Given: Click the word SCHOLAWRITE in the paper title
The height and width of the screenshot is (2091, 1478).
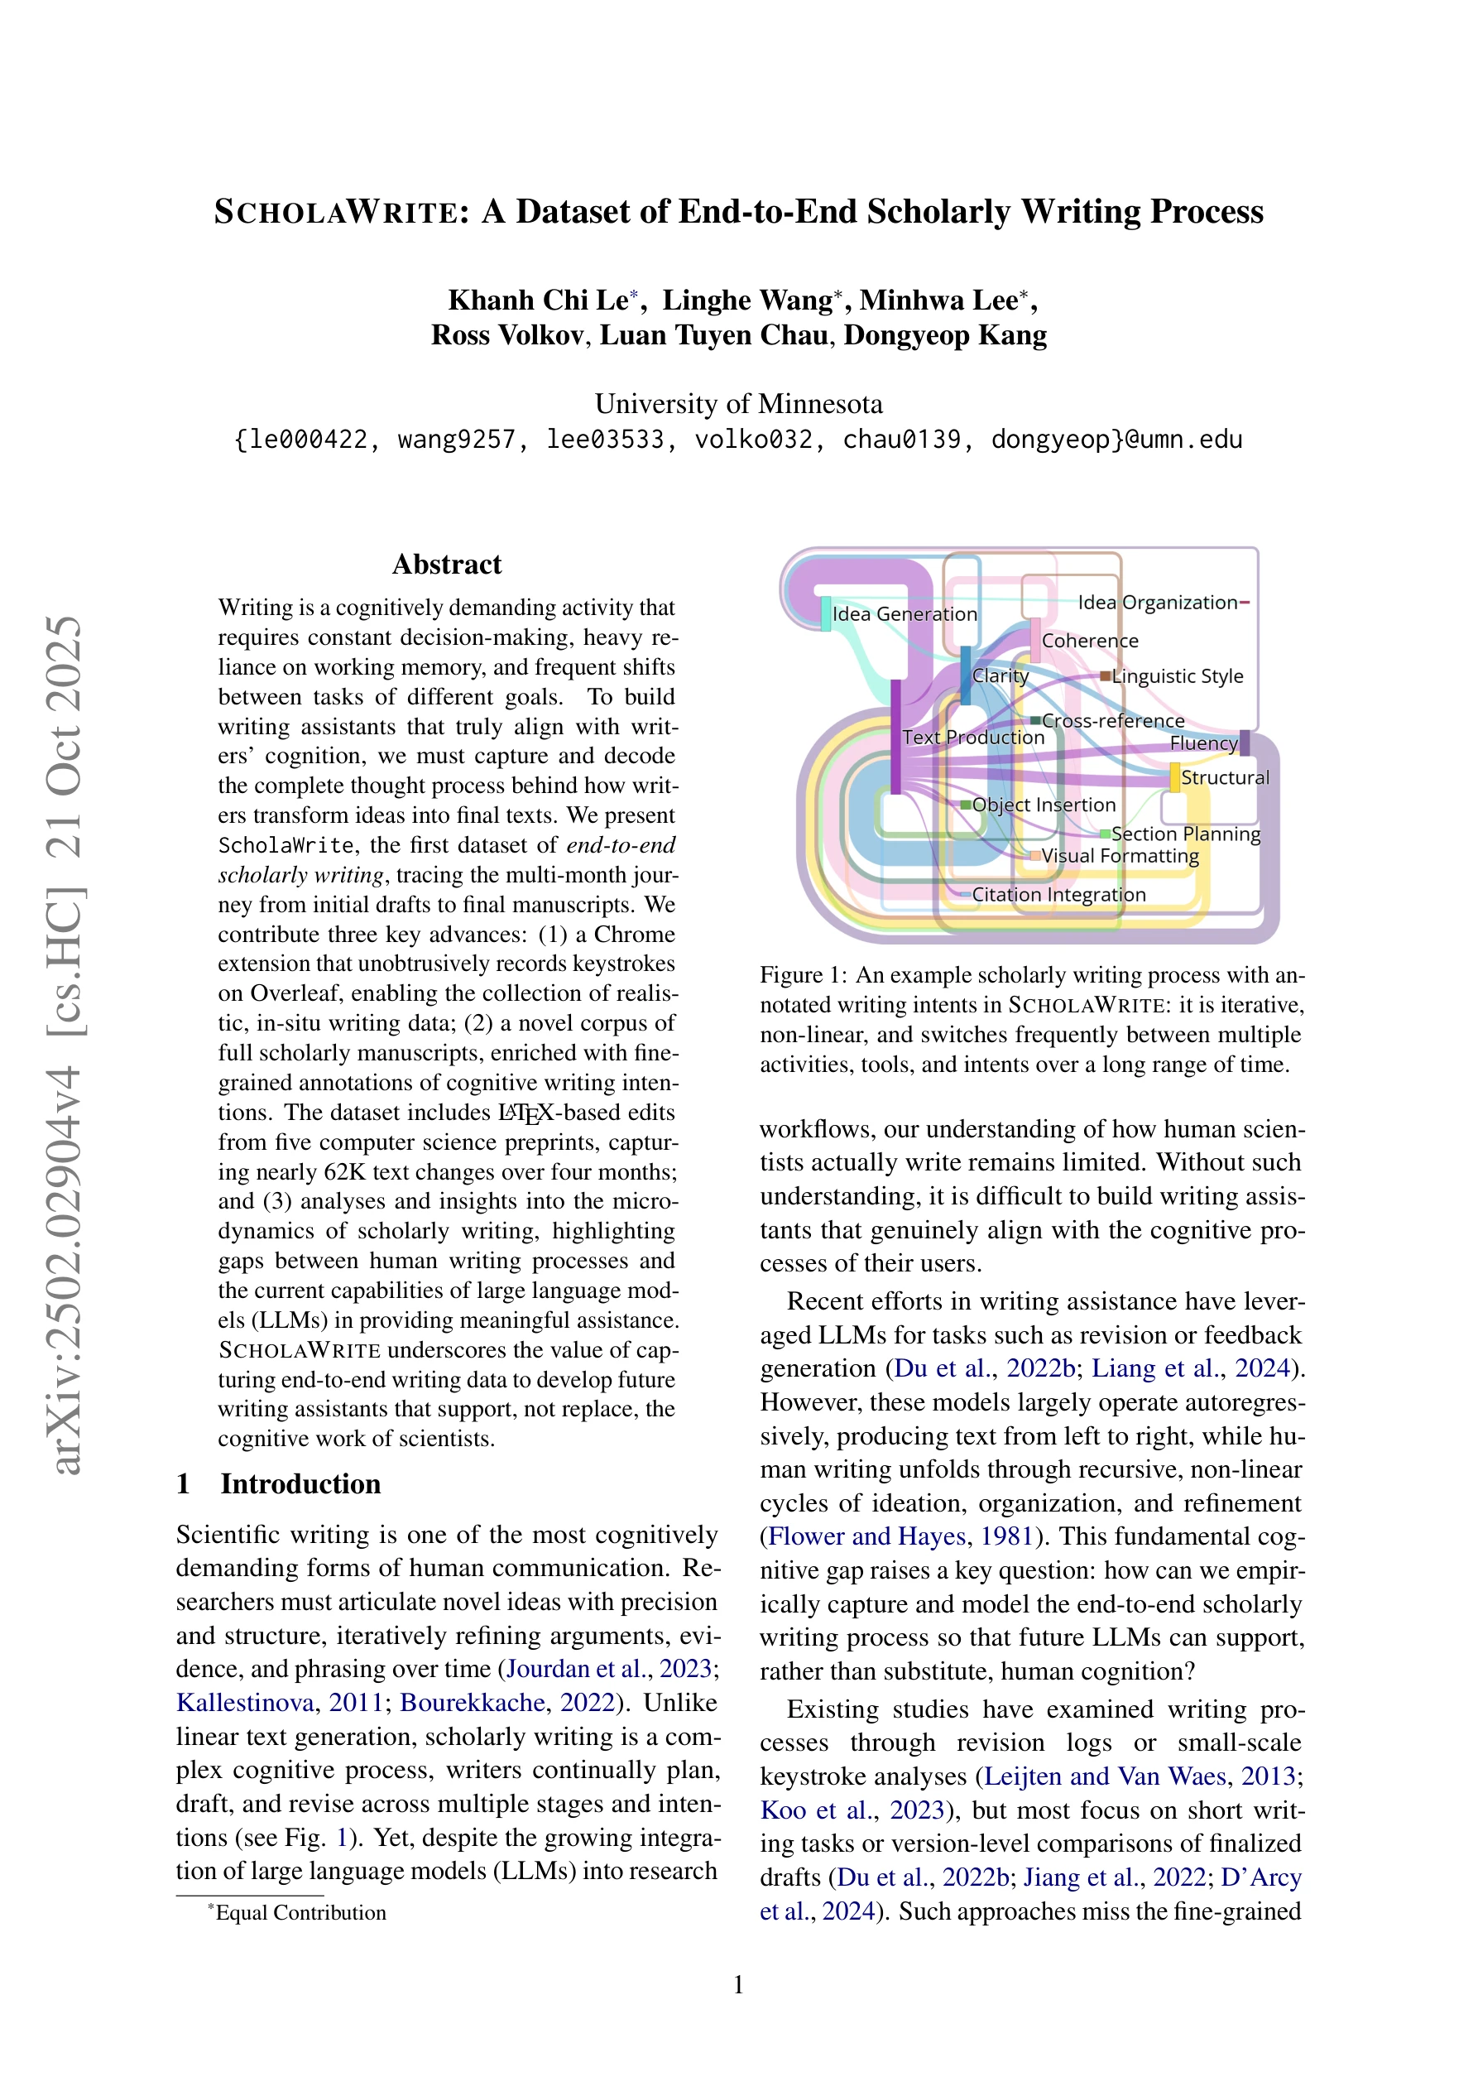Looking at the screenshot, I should [x=334, y=212].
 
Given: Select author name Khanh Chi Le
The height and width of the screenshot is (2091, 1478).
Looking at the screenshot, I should [x=538, y=300].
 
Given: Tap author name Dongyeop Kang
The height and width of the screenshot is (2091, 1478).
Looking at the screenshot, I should [x=944, y=335].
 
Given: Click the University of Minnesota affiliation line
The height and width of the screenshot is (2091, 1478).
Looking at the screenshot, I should [x=738, y=403].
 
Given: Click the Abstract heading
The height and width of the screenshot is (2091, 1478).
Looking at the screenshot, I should [x=446, y=565].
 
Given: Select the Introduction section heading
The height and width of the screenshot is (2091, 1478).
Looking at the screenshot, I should [x=300, y=1483].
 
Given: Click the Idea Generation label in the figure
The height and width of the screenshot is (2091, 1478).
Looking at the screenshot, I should [x=905, y=614].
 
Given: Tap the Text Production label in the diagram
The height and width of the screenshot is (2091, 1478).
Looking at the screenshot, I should [x=972, y=738].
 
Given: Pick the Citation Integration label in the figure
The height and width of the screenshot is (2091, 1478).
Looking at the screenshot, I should [x=1058, y=894].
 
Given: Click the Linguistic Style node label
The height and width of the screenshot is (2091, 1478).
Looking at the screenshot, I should [x=1177, y=675].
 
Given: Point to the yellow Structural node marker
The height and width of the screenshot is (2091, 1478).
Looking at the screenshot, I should [x=1175, y=778].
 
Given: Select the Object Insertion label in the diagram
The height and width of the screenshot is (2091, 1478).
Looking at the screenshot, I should [x=1044, y=805].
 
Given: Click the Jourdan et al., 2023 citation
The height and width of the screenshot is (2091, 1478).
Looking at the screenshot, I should [x=609, y=1669].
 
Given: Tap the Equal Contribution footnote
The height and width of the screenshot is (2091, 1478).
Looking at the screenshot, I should [x=300, y=1912].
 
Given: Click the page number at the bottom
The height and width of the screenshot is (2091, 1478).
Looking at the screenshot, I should [x=738, y=1984].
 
